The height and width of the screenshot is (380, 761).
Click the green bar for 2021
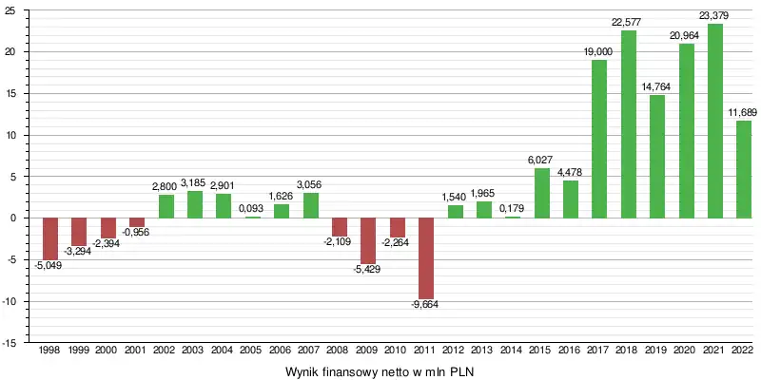point(714,121)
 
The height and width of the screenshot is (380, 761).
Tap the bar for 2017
point(599,139)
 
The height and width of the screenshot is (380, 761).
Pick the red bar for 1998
point(50,238)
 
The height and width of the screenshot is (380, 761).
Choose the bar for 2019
point(656,157)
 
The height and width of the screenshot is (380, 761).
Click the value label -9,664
point(425,304)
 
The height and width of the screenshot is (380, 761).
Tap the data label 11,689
point(743,113)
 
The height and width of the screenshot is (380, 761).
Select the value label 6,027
point(541,161)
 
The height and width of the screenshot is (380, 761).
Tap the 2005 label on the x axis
point(252,351)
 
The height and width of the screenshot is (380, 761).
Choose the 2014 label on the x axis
point(512,351)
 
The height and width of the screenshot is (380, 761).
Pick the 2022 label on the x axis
point(743,351)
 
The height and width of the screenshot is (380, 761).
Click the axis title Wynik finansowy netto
point(380,370)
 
